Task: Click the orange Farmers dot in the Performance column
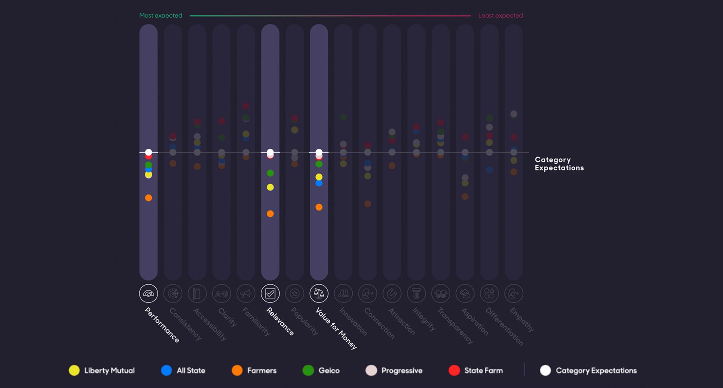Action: tap(149, 198)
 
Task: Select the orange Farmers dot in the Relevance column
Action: tap(270, 214)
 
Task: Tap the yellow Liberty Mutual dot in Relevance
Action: tap(270, 187)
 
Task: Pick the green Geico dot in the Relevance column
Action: tap(270, 173)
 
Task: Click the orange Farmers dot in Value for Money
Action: tap(319, 207)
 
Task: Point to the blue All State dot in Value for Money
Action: tap(319, 183)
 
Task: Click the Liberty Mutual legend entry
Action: tap(102, 370)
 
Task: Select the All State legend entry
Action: tap(183, 370)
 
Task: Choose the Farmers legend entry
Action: tap(254, 370)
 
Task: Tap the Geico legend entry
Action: tap(321, 370)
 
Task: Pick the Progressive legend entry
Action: tap(394, 370)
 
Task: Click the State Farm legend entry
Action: tap(476, 370)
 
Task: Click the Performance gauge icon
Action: tap(149, 294)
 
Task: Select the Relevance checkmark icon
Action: tap(270, 294)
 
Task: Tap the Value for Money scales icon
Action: tap(319, 294)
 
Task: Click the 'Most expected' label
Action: tap(161, 16)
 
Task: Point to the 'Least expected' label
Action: tap(500, 16)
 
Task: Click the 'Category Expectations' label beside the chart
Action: tap(559, 164)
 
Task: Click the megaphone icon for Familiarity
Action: tap(246, 294)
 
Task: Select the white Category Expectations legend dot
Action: tap(545, 370)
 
